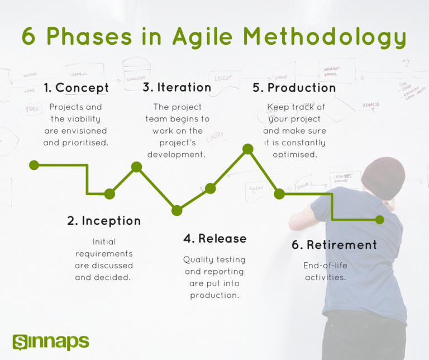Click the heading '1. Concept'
click(x=76, y=88)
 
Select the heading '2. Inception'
click(x=104, y=221)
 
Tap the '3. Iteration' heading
click(x=177, y=87)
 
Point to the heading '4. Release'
click(x=214, y=239)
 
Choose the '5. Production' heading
click(x=294, y=88)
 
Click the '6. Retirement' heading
click(x=334, y=245)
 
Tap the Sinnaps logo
click(x=50, y=341)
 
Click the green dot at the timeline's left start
click(x=34, y=165)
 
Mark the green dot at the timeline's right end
click(x=380, y=220)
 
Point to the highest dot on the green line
click(x=247, y=149)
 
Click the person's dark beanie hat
click(x=383, y=176)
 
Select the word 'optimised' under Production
click(x=295, y=154)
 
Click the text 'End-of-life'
click(x=325, y=266)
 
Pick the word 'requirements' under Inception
click(x=104, y=254)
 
